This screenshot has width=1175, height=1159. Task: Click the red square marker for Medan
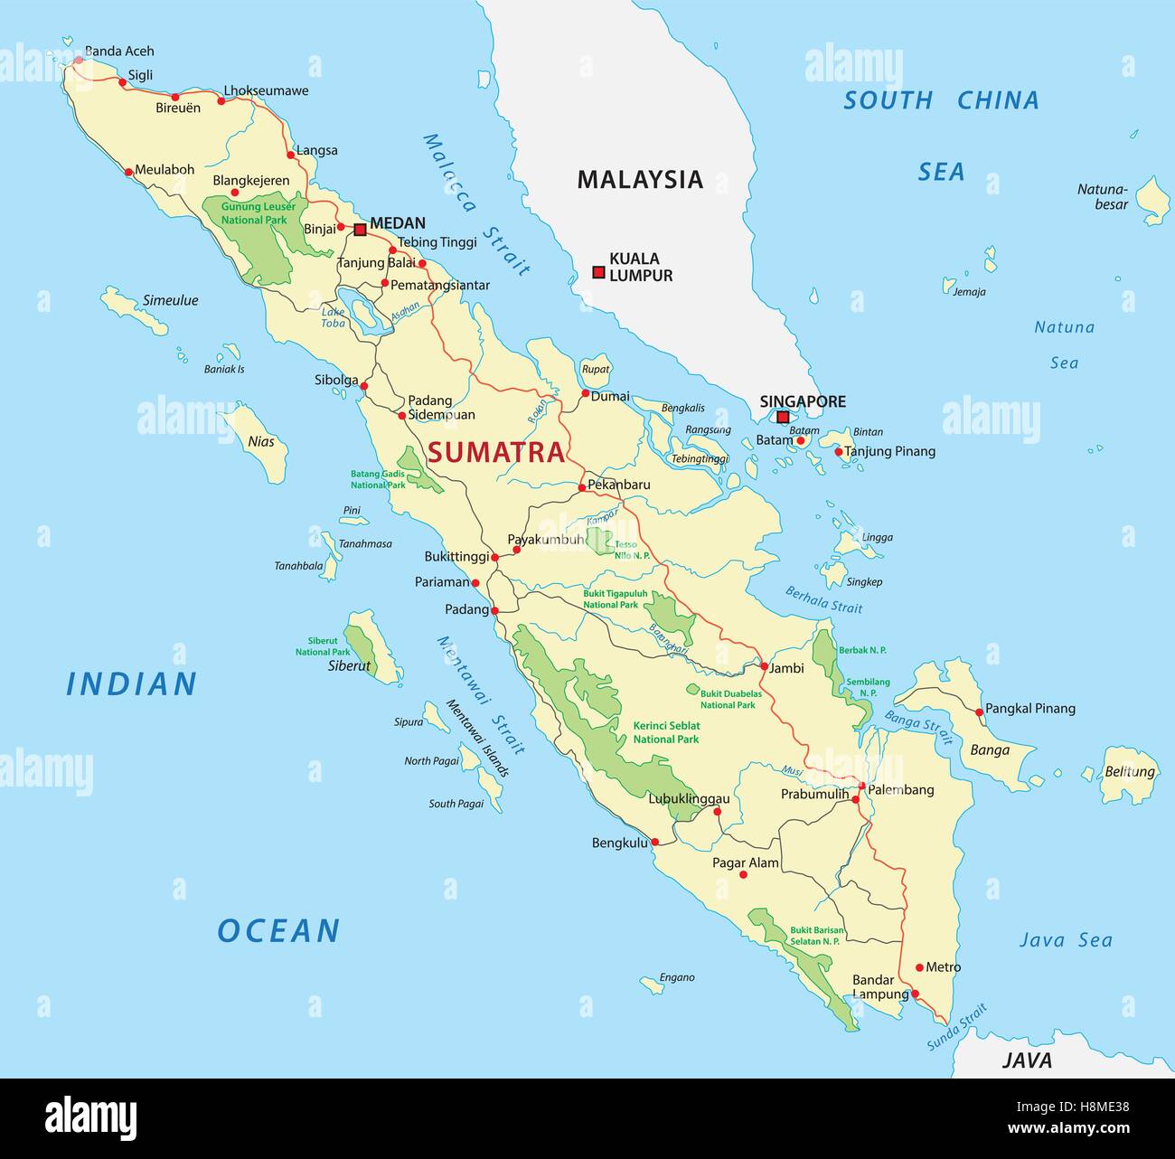point(360,230)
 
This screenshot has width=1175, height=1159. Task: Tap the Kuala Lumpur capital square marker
point(598,272)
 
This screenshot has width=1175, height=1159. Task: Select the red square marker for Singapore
point(783,417)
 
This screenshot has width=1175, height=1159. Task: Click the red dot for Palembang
point(862,787)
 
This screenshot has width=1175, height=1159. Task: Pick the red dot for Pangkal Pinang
point(980,712)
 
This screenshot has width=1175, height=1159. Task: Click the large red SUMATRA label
point(496,452)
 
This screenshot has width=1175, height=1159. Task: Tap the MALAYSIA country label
point(640,179)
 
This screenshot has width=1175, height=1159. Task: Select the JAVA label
point(1027,1060)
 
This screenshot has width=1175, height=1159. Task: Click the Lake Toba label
point(334,317)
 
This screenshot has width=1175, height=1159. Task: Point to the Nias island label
point(261,442)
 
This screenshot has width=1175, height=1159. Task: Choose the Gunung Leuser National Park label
point(254,213)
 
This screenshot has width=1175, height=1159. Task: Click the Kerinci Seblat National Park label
point(666,732)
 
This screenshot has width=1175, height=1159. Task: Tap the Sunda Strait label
point(956,1028)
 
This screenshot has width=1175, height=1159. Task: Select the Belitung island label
point(1130,772)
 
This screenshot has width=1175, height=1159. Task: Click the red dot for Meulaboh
point(129,171)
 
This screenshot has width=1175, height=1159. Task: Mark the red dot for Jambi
point(764,666)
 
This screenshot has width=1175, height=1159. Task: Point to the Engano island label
point(677,977)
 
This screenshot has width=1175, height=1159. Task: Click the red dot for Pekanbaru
point(582,488)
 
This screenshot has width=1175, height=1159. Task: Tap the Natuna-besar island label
point(1103,197)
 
